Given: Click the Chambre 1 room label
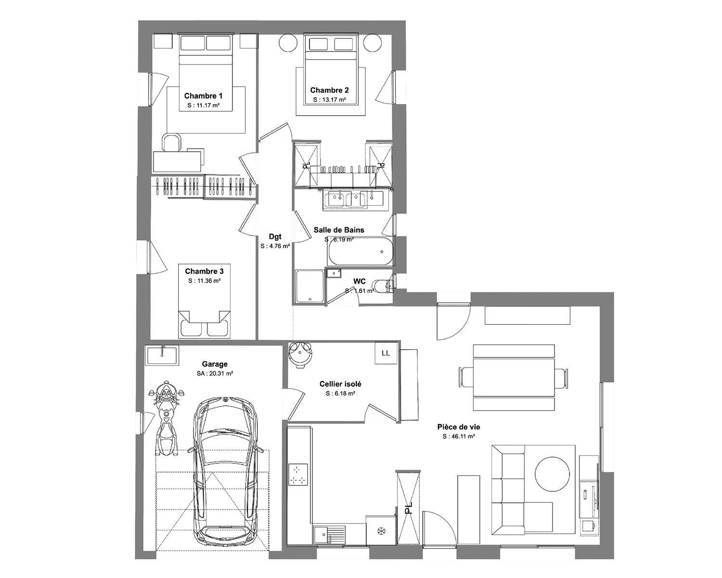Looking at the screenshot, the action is pos(203,96).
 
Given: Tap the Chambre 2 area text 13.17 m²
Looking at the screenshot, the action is pos(329,100).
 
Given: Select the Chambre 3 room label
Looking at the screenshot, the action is pos(204,271).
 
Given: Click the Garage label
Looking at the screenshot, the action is pos(215,364).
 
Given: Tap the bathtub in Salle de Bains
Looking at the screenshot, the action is pos(361,252).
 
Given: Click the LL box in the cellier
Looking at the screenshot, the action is pos(386,353).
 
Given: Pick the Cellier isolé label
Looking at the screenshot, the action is pos(340,384).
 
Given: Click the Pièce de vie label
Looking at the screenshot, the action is pos(459,427).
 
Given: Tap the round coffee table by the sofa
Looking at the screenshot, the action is pos(552,474).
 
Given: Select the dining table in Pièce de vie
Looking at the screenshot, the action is pos(513,378).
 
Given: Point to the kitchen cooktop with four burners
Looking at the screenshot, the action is pos(298,475).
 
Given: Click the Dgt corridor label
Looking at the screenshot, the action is pos(275,236).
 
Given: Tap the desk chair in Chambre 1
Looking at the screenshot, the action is pos(172,143).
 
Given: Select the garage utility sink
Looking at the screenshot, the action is pos(162,355).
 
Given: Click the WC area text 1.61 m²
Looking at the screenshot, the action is pos(360,291).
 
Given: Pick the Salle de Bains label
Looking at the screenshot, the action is pos(339,230).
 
